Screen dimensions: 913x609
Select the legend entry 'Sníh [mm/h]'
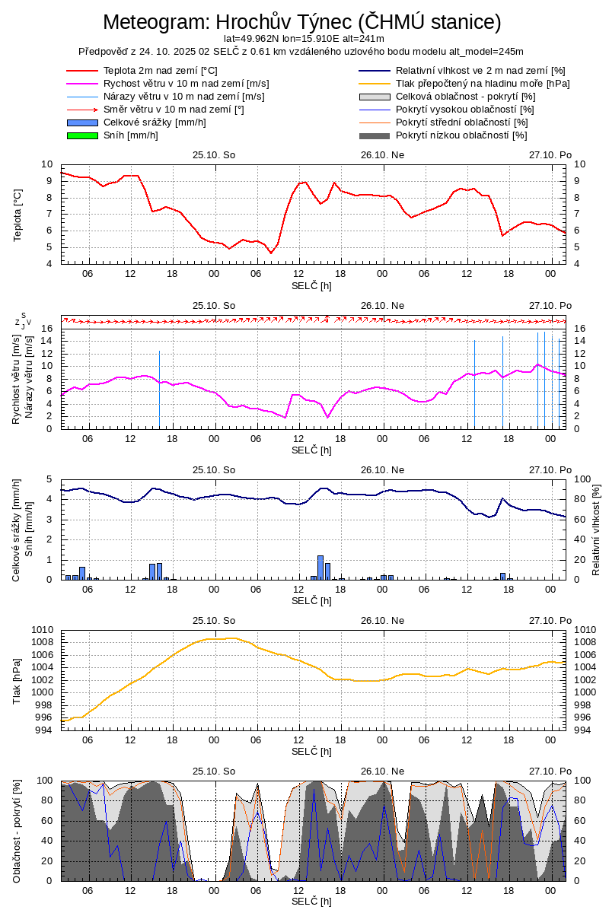point(131,135)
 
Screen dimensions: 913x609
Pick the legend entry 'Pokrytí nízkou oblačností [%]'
point(461,135)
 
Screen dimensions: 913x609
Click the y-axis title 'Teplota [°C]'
point(18,214)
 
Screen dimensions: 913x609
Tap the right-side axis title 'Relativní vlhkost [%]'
point(595,530)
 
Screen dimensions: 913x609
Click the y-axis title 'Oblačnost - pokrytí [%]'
point(18,831)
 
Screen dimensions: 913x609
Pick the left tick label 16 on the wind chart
point(46,329)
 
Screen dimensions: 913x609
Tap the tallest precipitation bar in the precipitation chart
point(320,568)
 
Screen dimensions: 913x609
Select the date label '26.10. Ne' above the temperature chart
point(382,154)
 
